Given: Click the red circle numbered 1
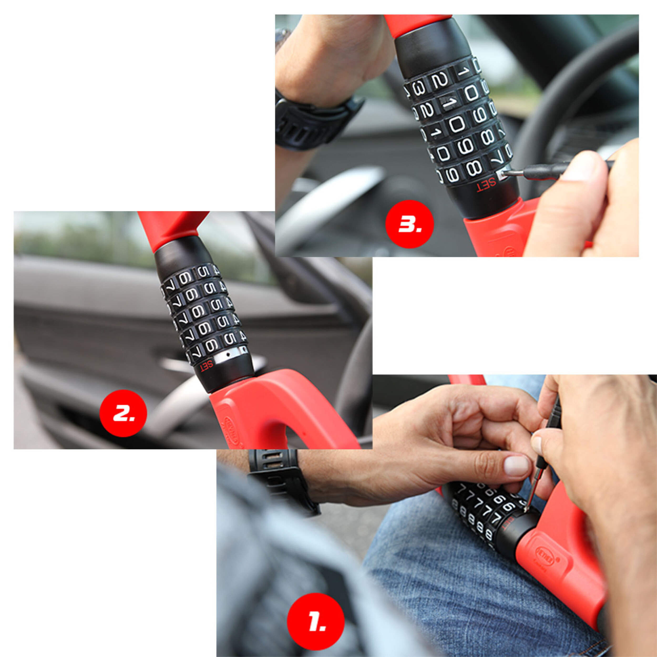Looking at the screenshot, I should [315, 621].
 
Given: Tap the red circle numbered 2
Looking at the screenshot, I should [123, 413].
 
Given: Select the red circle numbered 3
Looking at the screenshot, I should [409, 224].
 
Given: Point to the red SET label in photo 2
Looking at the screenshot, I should [206, 366].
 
